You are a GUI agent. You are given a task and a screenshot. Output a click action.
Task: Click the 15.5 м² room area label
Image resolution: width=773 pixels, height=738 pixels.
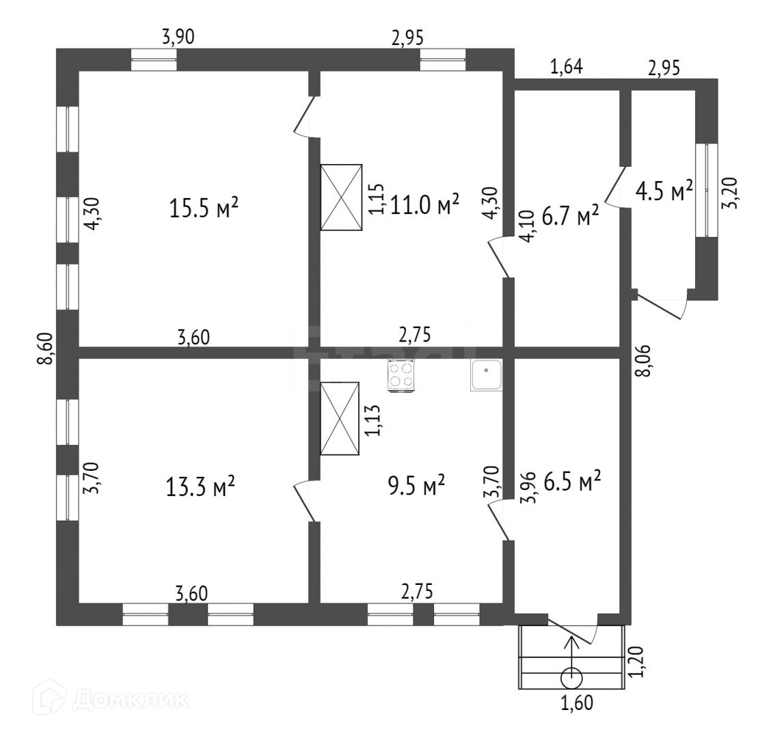coord(204,208)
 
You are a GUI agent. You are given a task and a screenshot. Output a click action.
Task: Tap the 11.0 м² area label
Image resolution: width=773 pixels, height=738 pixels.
coord(424,204)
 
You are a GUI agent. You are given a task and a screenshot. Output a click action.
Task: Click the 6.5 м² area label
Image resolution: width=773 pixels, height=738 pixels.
coord(572,482)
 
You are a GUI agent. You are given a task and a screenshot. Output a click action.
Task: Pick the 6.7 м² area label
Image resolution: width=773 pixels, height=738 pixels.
coord(570,217)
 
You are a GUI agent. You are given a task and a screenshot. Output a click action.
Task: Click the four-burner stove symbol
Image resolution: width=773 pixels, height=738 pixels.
coord(401,375)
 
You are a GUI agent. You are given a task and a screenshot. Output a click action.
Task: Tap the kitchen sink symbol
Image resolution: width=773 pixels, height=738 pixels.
coord(486,375)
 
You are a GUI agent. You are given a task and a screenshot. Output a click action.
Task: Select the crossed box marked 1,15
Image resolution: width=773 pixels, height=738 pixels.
coord(342,197)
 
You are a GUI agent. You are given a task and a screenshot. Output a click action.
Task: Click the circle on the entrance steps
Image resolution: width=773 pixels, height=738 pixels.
coord(571,679)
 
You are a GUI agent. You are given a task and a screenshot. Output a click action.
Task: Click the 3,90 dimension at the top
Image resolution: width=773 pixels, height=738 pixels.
coord(178,38)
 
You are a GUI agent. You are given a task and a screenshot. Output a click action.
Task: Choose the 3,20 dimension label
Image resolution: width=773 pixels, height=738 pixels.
coord(732,193)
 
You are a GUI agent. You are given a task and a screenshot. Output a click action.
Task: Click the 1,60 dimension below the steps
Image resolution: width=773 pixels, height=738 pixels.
coord(575,702)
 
